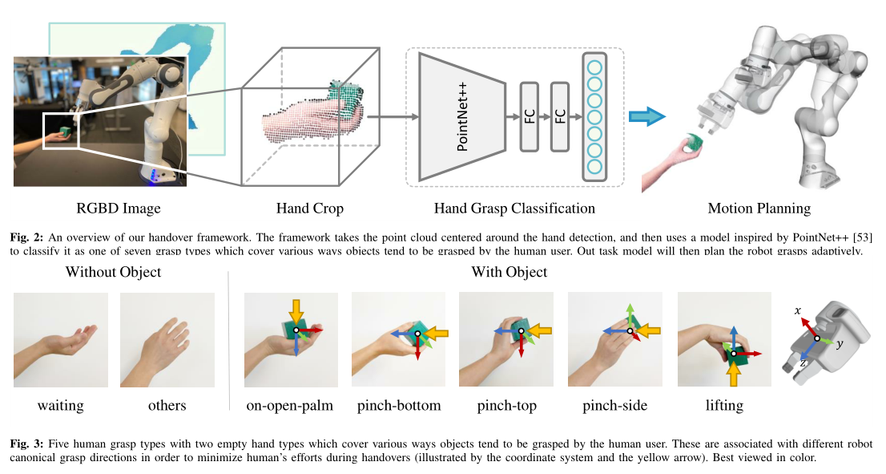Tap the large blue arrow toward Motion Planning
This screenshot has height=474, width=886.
tap(647, 117)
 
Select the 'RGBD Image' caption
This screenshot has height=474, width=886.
tap(118, 209)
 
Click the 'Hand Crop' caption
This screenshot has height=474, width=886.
tap(309, 209)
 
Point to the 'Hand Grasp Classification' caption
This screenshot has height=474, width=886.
tap(514, 209)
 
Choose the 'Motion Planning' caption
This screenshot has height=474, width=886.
tap(759, 209)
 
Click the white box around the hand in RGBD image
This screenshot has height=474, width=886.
tap(62, 132)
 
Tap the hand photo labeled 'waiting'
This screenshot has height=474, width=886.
tap(61, 340)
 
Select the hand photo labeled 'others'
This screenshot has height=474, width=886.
tap(167, 340)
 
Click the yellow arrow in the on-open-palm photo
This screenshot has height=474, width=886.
tap(296, 310)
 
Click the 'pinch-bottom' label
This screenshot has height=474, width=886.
tap(399, 406)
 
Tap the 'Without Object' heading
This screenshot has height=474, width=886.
tap(113, 272)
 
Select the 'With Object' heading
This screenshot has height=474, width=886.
tap(509, 272)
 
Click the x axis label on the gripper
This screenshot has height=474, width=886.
tap(798, 310)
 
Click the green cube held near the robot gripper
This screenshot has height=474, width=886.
tap(694, 142)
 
